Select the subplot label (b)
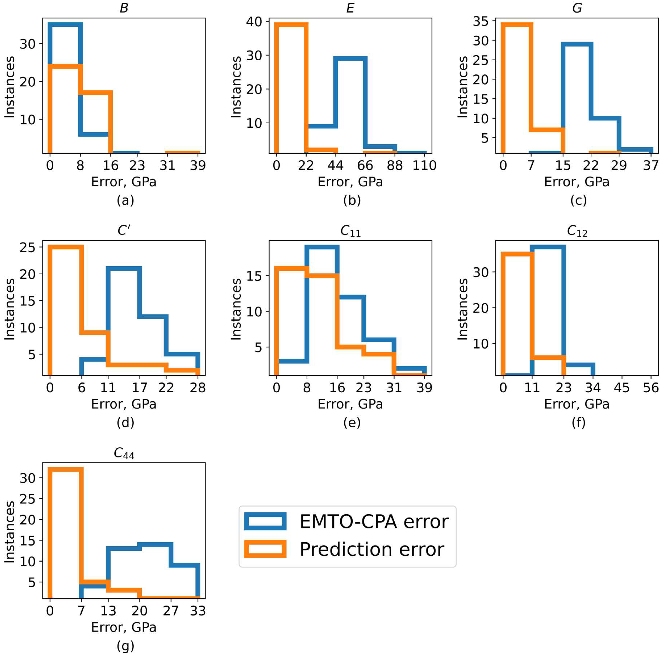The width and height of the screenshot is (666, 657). [x=352, y=200]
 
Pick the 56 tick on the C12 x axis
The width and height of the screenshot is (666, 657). [x=651, y=388]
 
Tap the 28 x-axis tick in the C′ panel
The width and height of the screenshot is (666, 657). [x=198, y=388]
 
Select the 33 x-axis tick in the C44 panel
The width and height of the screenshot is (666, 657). [x=198, y=611]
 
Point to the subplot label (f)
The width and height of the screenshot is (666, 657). [x=578, y=422]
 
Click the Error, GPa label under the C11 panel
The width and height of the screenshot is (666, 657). [x=350, y=404]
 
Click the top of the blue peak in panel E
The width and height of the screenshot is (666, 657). [x=350, y=58]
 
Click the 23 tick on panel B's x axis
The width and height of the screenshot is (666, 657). [x=137, y=166]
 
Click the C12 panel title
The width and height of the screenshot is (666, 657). [x=577, y=231]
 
